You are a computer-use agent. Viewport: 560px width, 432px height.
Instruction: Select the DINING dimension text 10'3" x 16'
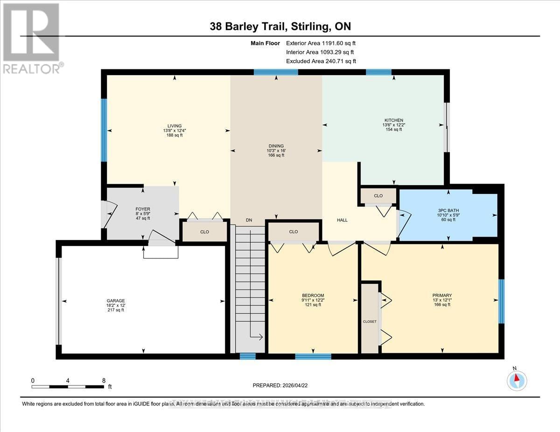click(x=275, y=151)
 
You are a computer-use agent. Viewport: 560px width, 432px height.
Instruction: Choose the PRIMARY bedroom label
click(x=441, y=295)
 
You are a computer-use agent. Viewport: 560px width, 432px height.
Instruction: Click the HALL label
click(x=343, y=220)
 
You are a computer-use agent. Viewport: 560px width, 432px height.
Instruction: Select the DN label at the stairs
click(x=249, y=220)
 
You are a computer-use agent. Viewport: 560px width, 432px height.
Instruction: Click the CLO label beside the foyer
click(x=204, y=232)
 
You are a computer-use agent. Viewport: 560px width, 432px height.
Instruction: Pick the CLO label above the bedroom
click(x=293, y=232)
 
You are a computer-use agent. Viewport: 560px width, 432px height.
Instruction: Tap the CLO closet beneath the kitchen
click(x=378, y=196)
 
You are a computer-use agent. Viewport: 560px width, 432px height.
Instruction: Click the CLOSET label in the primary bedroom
click(x=370, y=322)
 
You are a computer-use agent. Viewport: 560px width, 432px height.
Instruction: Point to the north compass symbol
click(x=516, y=380)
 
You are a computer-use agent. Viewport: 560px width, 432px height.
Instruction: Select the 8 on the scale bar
click(x=104, y=380)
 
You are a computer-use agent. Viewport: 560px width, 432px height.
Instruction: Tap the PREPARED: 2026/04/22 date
click(x=280, y=385)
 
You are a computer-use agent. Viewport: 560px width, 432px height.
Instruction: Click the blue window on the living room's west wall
click(x=104, y=130)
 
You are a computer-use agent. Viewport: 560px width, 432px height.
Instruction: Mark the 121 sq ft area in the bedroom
click(x=312, y=305)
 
